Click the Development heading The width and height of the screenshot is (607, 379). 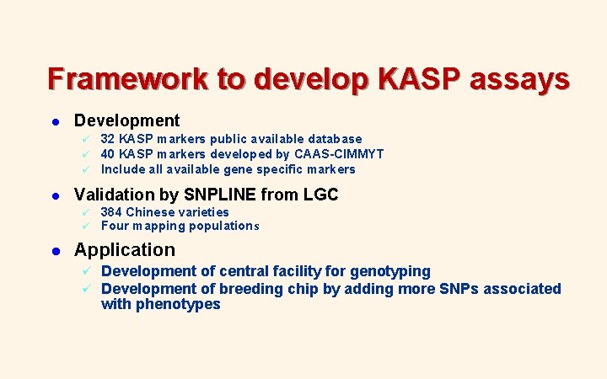126,121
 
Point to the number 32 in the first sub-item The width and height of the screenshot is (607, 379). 108,139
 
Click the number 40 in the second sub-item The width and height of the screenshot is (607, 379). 108,154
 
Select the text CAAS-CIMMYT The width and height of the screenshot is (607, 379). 338,154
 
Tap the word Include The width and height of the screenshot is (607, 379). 122,169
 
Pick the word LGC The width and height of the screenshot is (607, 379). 320,195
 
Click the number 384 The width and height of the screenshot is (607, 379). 111,212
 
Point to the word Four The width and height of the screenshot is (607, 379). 115,226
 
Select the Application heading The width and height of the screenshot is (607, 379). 125,250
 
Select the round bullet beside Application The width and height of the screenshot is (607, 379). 53,251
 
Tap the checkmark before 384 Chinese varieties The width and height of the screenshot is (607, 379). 84,212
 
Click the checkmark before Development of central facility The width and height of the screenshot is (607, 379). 85,271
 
